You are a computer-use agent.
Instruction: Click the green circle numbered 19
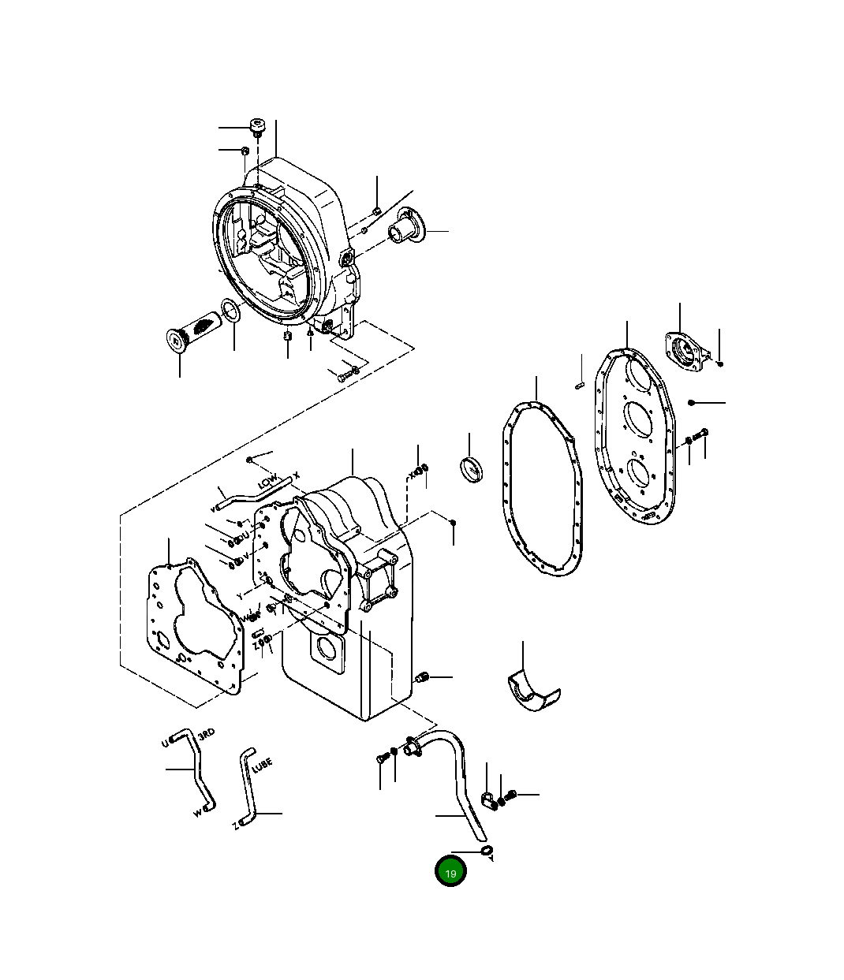click(450, 872)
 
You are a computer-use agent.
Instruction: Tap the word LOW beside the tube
click(267, 480)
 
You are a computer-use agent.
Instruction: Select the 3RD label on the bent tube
click(206, 734)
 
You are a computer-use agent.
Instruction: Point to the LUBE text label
click(263, 766)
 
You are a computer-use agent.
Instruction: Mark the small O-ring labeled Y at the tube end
click(487, 850)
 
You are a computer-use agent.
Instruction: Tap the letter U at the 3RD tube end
click(165, 743)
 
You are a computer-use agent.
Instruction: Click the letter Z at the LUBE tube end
click(235, 826)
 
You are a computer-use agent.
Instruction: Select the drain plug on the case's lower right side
click(422, 677)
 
